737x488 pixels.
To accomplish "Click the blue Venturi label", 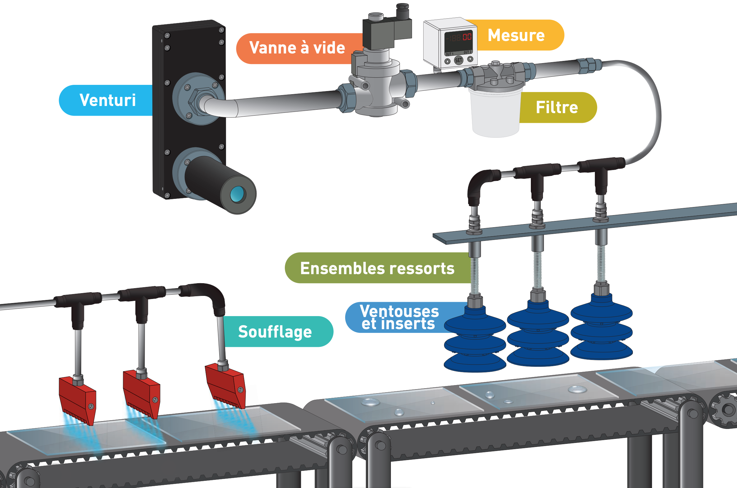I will pos(107,100).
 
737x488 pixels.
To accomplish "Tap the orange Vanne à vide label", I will pos(297,48).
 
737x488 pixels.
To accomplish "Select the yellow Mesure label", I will pos(516,35).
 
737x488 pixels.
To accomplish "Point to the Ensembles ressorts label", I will pos(377,268).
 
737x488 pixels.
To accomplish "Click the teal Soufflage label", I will pos(275,331).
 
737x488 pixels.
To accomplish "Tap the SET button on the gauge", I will pos(458,60).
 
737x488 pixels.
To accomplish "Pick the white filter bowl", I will pos(495,113).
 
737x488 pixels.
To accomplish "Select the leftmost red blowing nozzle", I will pos(78,400).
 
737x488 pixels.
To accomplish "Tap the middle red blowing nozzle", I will pos(142,393).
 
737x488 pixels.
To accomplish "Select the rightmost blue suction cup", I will pos(601,328).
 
